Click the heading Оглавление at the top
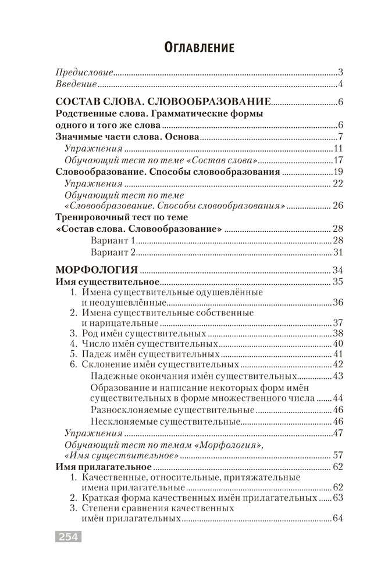point(190,47)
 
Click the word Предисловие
point(84,73)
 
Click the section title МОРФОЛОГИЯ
point(95,270)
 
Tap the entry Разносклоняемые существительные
point(172,410)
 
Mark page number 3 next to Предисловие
point(340,73)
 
